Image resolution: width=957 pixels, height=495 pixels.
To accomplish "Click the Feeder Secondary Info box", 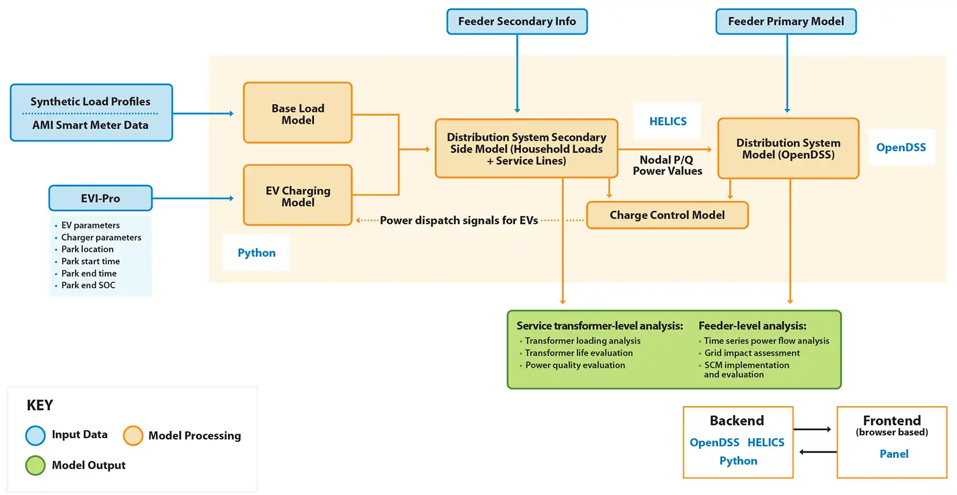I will (x=517, y=21).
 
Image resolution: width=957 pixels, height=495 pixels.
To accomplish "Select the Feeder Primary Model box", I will (x=786, y=21).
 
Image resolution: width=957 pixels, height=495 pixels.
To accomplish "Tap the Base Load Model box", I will (x=298, y=114).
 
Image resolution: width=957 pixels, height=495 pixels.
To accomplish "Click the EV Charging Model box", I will (x=298, y=196).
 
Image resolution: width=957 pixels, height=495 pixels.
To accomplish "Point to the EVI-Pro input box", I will (x=100, y=198).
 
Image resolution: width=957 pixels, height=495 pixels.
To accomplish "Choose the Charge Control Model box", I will (x=667, y=215).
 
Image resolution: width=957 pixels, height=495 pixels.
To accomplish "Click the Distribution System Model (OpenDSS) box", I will (x=788, y=148).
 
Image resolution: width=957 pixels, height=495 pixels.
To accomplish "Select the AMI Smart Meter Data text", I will (x=90, y=125).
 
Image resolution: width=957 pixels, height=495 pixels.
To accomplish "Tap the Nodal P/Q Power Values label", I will (x=667, y=165).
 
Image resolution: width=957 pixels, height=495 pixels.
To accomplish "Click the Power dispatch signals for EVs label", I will (x=459, y=220).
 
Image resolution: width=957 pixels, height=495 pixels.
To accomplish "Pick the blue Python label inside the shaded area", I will (x=256, y=253).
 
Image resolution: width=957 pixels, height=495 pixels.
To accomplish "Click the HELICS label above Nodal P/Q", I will (x=668, y=121).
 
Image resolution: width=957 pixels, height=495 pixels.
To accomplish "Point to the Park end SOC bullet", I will (x=88, y=285).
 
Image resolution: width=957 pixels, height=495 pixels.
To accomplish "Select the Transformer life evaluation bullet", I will (x=578, y=353).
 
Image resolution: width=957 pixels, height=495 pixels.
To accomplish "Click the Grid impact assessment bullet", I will (x=752, y=353).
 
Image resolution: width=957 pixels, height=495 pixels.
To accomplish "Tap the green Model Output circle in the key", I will (x=35, y=465).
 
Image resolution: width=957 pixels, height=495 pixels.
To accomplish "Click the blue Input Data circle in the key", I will (x=35, y=435).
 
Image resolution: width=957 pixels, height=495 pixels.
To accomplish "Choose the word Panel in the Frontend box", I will (x=894, y=454).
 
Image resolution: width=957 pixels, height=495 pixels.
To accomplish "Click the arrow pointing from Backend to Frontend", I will (x=813, y=429).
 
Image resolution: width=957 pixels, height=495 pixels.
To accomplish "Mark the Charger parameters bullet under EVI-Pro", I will (x=101, y=237).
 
